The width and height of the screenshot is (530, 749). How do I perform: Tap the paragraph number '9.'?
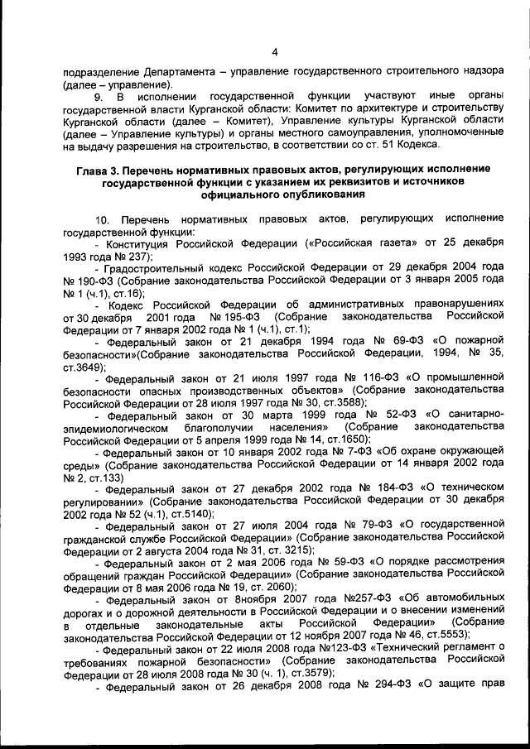pyautogui.click(x=100, y=96)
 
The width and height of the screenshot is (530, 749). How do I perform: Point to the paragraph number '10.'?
pyautogui.click(x=103, y=221)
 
